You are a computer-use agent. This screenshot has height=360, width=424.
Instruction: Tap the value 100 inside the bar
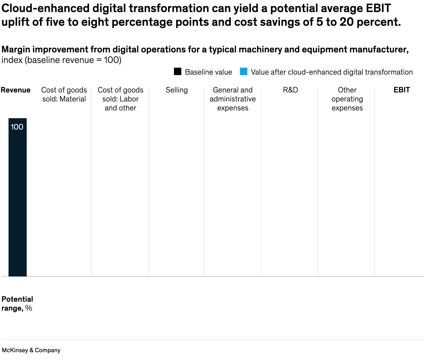tap(17, 127)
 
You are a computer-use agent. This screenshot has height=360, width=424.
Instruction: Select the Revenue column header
tap(16, 90)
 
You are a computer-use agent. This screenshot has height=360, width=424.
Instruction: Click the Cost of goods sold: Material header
tap(64, 94)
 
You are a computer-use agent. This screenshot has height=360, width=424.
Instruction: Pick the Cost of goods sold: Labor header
tap(121, 99)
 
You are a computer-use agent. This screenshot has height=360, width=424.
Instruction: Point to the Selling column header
tap(177, 90)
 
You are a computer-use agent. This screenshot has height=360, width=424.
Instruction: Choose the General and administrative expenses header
tap(233, 99)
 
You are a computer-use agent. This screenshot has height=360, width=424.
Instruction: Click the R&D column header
tap(290, 90)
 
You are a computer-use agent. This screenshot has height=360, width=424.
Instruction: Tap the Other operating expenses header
tap(347, 99)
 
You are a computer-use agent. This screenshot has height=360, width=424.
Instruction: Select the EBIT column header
tap(402, 90)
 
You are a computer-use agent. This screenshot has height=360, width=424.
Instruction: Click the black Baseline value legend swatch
tap(177, 72)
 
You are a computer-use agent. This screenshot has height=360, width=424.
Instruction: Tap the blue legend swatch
tap(243, 72)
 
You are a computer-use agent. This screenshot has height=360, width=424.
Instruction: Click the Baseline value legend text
tap(208, 72)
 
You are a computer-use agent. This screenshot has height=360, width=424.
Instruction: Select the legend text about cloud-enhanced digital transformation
tap(332, 72)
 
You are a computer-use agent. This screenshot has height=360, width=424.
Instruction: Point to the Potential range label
tap(17, 303)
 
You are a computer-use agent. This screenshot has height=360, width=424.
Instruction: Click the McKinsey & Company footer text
tap(31, 350)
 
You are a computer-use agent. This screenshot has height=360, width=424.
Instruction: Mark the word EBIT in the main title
tap(377, 8)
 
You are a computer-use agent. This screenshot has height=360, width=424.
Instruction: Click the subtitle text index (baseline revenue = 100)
tap(61, 60)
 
